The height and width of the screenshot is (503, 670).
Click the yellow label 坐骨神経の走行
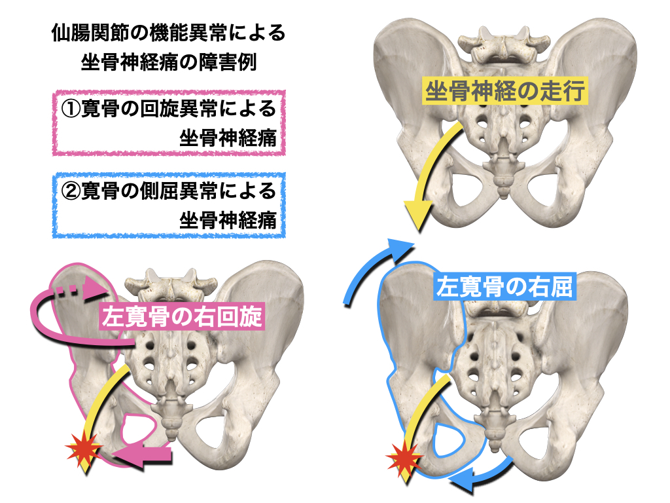(506, 91)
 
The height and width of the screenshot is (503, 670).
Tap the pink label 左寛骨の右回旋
(181, 317)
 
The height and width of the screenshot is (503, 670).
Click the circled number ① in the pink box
(69, 109)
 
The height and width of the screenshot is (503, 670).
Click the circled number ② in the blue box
(69, 191)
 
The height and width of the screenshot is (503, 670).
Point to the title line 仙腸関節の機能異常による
(167, 33)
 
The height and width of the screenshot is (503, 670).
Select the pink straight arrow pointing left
(145, 455)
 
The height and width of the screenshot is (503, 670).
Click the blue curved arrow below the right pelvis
(481, 477)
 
